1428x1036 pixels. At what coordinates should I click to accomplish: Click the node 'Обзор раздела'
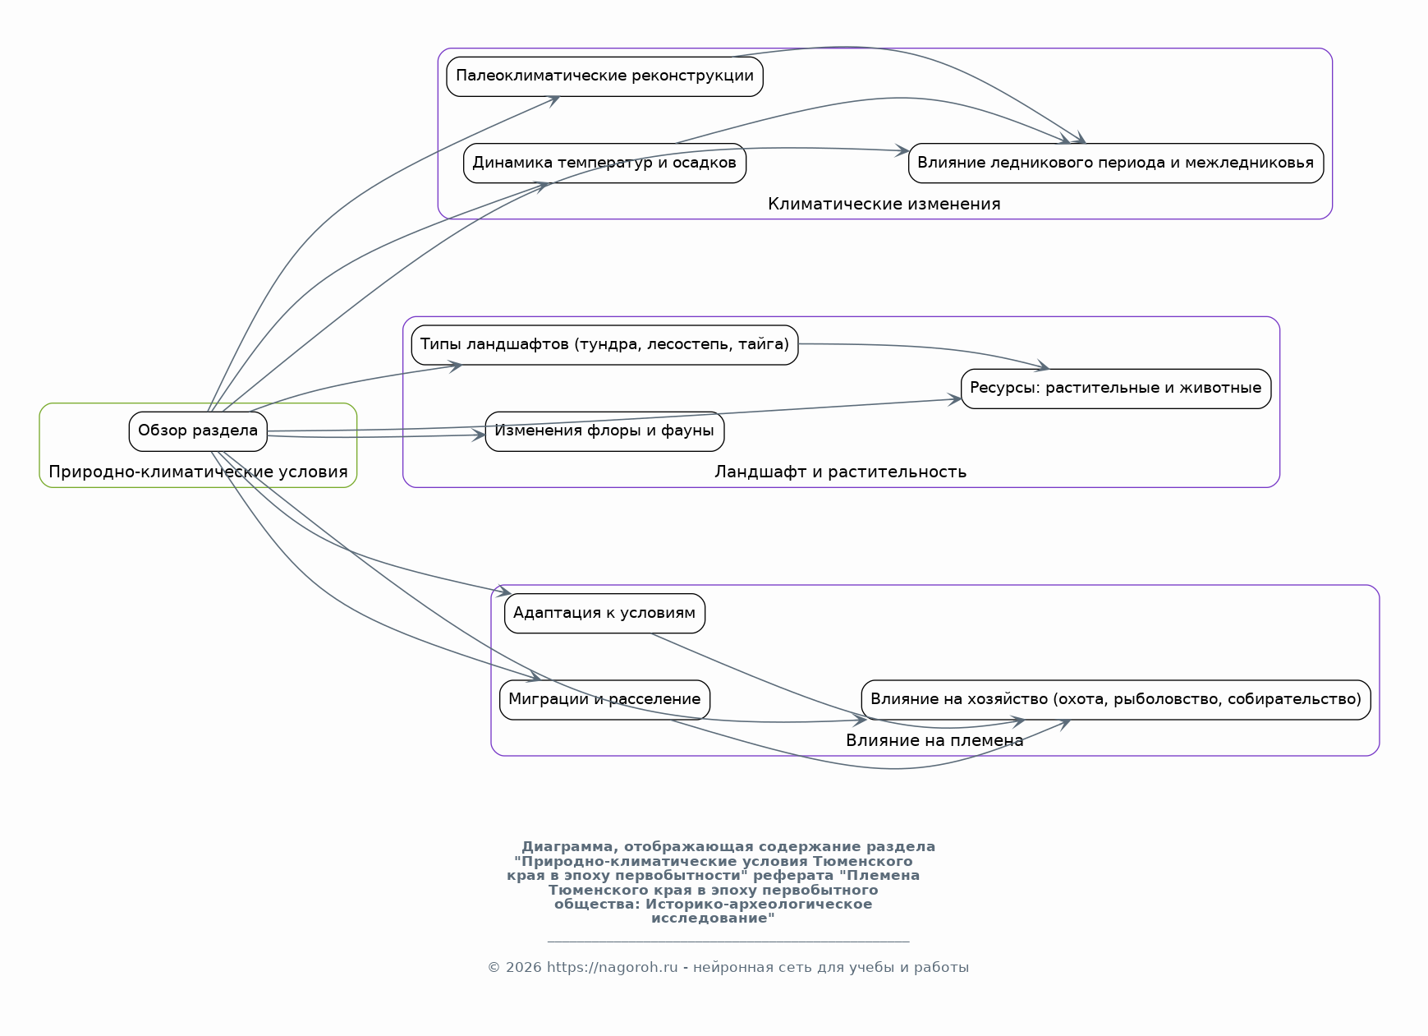(198, 431)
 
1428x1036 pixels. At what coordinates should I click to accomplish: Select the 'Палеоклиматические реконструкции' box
(604, 76)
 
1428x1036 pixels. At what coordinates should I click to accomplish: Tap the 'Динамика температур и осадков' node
(604, 163)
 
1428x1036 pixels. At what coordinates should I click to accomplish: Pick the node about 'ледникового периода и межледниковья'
(1115, 163)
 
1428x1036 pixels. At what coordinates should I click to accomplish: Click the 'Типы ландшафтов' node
(604, 344)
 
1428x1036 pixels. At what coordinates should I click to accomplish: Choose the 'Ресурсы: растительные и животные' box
(1115, 388)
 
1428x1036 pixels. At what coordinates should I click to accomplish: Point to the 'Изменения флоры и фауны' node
(604, 431)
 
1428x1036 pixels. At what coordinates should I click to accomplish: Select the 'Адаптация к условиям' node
(604, 613)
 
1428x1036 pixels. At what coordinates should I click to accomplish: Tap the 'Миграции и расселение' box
(604, 699)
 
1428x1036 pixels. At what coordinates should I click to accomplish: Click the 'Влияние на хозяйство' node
(1115, 699)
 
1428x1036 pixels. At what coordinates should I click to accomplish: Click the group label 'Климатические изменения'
(884, 204)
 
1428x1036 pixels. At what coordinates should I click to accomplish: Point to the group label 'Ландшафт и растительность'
(840, 472)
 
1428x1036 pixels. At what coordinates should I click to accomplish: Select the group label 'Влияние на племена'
(934, 740)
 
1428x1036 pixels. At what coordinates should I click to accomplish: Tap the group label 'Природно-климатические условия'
(198, 472)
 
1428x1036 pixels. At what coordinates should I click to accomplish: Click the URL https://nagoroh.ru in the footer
(612, 967)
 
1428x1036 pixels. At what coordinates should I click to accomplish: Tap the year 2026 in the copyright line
(523, 967)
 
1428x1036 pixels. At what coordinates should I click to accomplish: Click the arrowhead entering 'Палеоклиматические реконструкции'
(554, 99)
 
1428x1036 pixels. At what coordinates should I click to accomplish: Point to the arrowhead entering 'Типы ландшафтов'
(454, 365)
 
